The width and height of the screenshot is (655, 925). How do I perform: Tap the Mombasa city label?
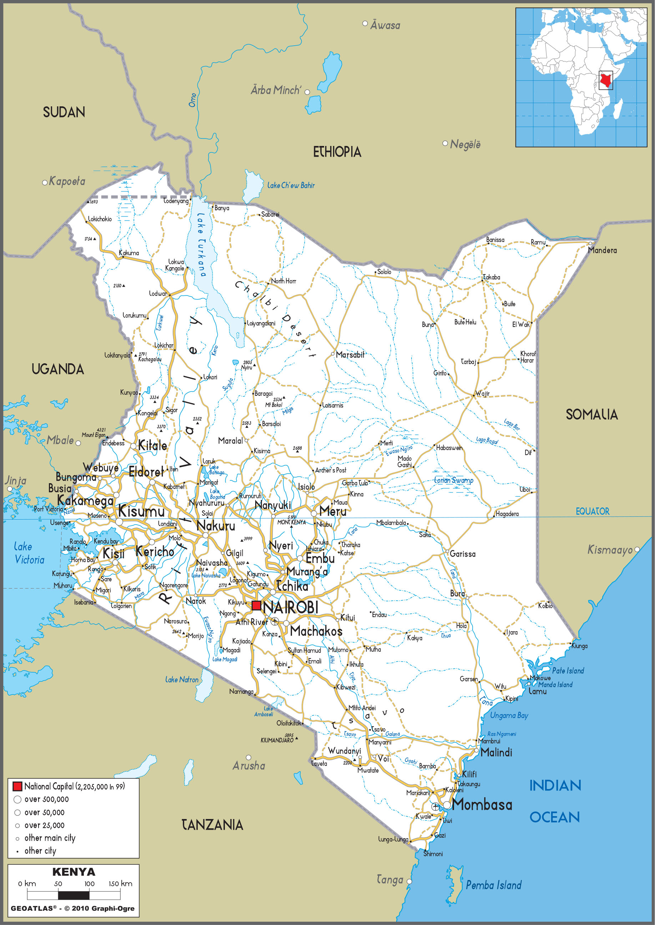point(482,804)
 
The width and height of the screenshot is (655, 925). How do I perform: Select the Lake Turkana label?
point(201,244)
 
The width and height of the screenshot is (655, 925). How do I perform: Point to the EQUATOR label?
point(592,511)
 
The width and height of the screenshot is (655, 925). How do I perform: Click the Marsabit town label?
point(350,354)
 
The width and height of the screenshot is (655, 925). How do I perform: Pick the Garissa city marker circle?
point(447,552)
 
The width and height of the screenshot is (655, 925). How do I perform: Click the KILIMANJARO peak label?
point(277,740)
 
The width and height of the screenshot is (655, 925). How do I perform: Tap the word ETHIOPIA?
point(337,152)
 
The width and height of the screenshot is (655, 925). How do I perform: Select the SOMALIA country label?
point(591,415)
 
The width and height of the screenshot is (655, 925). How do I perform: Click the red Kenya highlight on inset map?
point(605,81)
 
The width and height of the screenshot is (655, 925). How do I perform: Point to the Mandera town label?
point(602,251)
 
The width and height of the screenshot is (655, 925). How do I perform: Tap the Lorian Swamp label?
point(453,480)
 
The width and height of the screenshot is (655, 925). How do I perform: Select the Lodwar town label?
point(158,294)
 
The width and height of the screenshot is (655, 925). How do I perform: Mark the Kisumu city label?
point(141,511)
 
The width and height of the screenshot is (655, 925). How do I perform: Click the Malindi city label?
point(496,752)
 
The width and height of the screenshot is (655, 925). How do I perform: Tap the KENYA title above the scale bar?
point(74,872)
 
